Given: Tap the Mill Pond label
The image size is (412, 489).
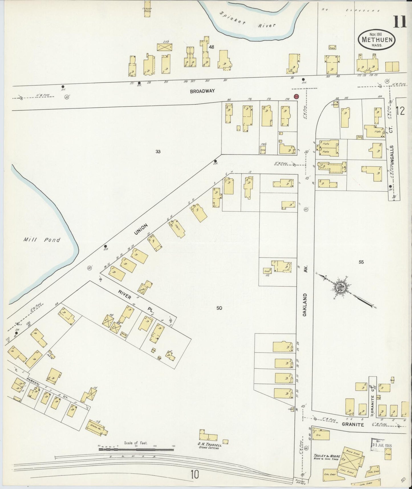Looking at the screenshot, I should (42, 240).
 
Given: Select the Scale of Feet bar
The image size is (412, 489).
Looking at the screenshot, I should (136, 449).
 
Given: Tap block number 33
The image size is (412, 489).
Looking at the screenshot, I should (158, 151).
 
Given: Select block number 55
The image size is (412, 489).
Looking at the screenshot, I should (361, 262).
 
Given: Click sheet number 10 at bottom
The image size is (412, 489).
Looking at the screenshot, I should (195, 475).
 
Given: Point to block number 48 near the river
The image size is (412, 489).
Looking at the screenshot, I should (211, 47).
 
